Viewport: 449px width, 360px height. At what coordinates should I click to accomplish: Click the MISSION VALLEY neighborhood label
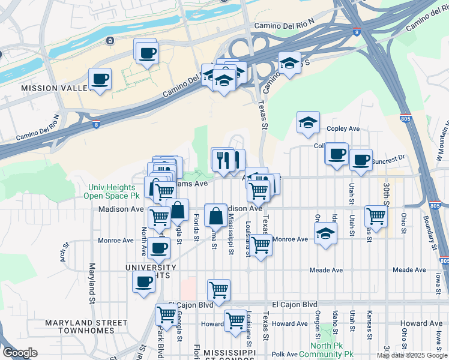(48, 88)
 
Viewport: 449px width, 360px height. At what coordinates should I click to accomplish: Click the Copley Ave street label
(343, 129)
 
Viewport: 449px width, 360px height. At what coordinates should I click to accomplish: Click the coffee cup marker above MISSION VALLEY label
(100, 79)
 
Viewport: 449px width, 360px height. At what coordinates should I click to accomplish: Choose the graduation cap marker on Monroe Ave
(325, 233)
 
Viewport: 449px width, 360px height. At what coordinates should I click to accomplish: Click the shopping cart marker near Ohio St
(376, 215)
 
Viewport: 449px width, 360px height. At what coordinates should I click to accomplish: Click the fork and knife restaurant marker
(222, 159)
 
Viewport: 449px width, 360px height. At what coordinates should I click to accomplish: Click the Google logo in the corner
(20, 353)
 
